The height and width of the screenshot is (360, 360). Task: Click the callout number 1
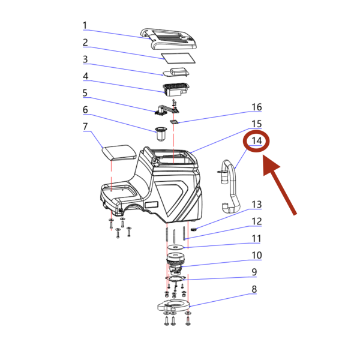(85, 25)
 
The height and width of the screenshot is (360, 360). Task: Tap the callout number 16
(257, 107)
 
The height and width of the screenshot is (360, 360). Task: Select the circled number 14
(257, 141)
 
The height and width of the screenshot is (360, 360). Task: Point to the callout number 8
(254, 289)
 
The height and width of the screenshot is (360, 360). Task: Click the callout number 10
(257, 255)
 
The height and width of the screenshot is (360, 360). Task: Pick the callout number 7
(85, 126)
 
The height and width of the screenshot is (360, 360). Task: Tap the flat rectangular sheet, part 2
(178, 58)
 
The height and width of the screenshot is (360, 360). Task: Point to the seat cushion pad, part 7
(119, 152)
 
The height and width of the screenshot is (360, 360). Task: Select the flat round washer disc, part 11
(176, 247)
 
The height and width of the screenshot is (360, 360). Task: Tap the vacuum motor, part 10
(176, 263)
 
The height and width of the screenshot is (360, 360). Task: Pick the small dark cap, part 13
(194, 229)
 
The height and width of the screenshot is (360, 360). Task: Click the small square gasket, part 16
(174, 122)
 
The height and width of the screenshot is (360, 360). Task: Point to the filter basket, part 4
(176, 89)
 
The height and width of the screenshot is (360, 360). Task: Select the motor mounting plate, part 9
(175, 279)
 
